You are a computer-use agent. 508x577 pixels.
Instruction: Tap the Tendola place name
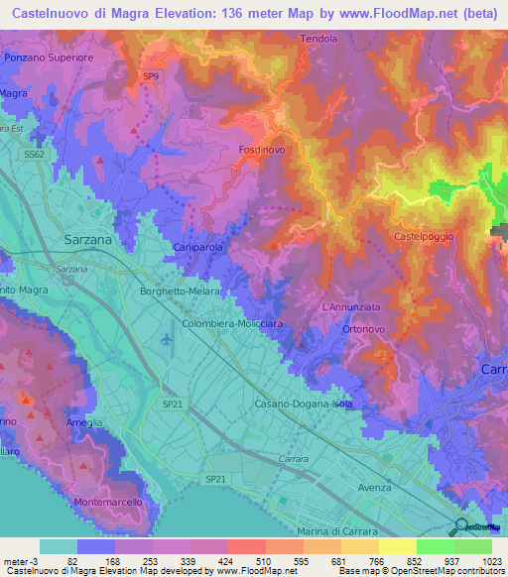(x=319, y=39)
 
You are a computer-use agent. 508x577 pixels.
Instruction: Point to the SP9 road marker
(x=151, y=76)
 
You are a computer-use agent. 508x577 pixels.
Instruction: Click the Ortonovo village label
(x=347, y=330)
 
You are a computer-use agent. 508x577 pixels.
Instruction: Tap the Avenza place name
(x=374, y=488)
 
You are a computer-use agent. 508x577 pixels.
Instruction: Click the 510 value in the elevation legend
(x=263, y=562)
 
